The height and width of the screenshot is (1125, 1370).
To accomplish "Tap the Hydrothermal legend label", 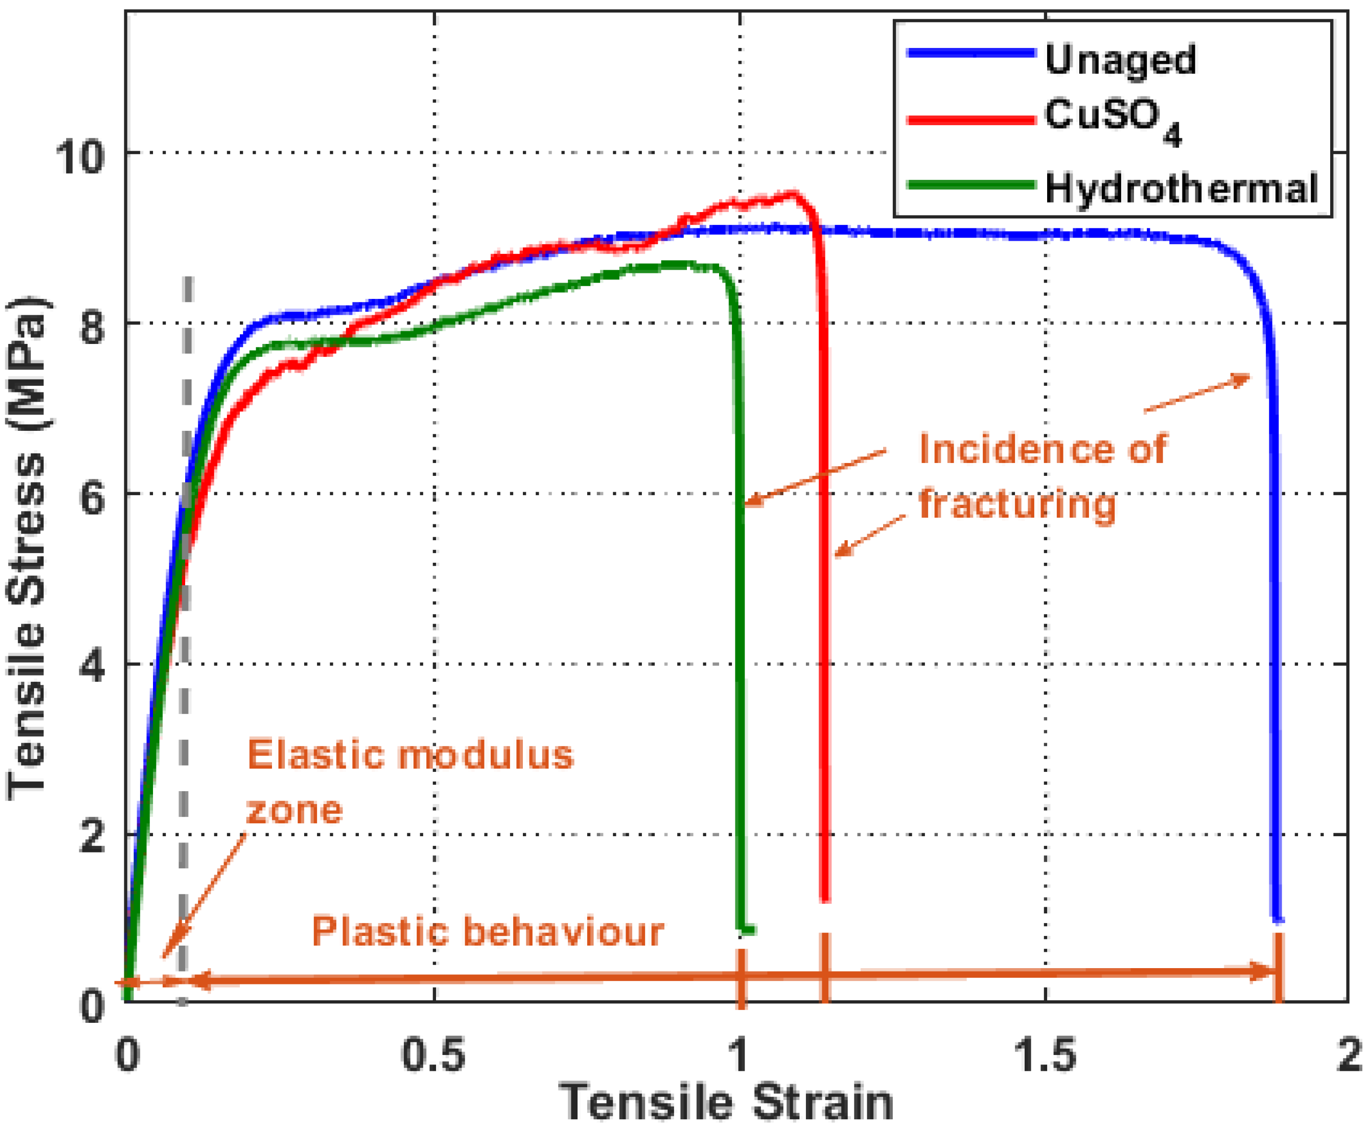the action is [1181, 188].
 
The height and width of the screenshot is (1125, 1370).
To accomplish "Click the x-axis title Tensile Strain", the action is [726, 1101].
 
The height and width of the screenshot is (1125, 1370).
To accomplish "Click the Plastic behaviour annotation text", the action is [488, 931].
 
